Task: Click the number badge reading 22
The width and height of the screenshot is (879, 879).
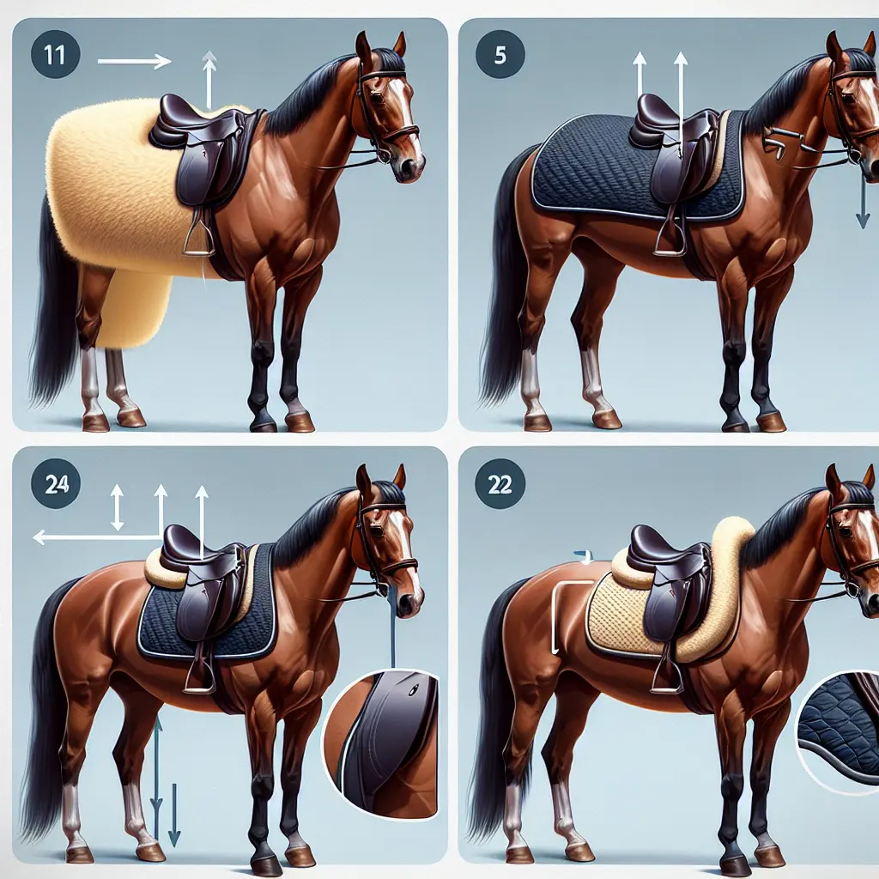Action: (x=500, y=483)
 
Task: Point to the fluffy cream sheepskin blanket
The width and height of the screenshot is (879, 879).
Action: (x=112, y=189)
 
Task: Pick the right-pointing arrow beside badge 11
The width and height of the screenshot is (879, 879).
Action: (x=135, y=61)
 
